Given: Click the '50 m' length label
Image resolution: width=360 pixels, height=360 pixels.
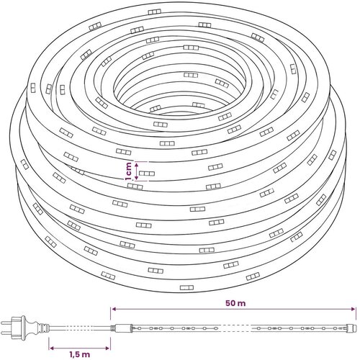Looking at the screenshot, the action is point(235,303).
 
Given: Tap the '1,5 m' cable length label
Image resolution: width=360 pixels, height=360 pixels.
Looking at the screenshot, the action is point(79,354).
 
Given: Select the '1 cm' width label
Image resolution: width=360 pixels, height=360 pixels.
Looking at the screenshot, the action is point(129,171).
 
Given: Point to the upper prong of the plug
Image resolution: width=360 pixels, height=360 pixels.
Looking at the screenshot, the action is point(6,323).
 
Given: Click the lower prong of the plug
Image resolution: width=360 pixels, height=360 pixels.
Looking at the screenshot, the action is point(6,333).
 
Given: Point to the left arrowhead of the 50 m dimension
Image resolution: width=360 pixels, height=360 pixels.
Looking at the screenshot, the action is point(113,309).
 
